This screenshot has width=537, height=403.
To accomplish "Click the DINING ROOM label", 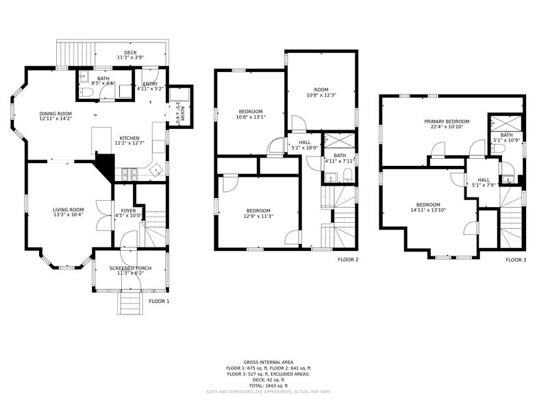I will pyautogui.click(x=55, y=114).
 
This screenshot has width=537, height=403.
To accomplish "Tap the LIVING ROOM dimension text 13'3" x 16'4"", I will pyautogui.click(x=68, y=215).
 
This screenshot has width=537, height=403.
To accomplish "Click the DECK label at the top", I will pyautogui.click(x=130, y=53).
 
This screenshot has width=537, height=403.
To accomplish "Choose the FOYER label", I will pyautogui.click(x=128, y=210).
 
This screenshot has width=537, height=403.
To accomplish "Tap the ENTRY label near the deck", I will pyautogui.click(x=150, y=84).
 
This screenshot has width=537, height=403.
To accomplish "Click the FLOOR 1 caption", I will pyautogui.click(x=159, y=301).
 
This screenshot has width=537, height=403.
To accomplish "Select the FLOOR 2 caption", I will pyautogui.click(x=348, y=260).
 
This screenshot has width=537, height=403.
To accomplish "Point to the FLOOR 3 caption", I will pyautogui.click(x=516, y=260).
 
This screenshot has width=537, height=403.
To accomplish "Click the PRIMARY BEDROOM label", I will pyautogui.click(x=447, y=121).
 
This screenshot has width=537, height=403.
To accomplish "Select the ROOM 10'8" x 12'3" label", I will pyautogui.click(x=321, y=95).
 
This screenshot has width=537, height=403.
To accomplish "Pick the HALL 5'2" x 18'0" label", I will pyautogui.click(x=305, y=147).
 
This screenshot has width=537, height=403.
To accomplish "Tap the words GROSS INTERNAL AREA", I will pyautogui.click(x=268, y=362).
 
